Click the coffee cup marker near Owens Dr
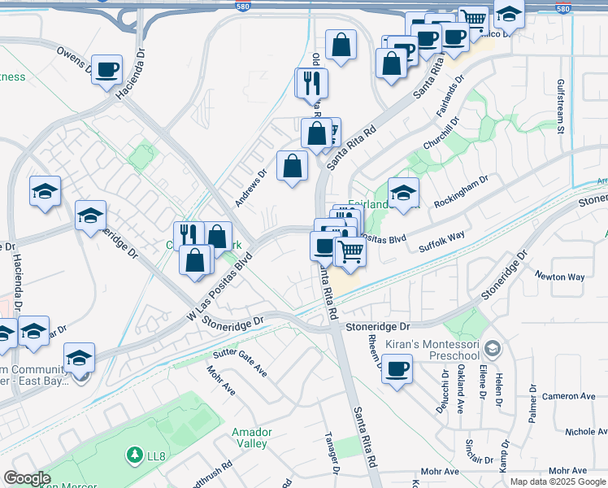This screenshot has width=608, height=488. point(106,70)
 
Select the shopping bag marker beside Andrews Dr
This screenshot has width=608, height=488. point(292,167)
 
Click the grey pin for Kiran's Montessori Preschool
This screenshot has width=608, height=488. point(491,349)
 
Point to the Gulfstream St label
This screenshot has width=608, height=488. point(561,106)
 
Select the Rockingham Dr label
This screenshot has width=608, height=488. point(460,192)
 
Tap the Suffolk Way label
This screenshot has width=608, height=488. point(441,241)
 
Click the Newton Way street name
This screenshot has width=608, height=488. point(559,277)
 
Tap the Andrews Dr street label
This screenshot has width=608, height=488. point(250,187)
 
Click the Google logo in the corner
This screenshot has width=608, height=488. point(27,478)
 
